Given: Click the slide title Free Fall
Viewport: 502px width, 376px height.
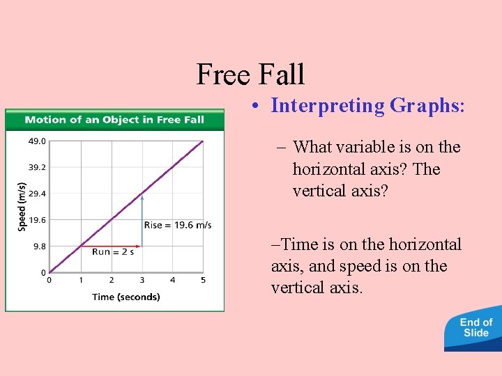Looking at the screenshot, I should click(250, 74).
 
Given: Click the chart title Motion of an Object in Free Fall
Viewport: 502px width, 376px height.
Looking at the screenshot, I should click(114, 120).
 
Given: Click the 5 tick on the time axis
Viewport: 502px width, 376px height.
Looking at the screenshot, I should click(203, 281).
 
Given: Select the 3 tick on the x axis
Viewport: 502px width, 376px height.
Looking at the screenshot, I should click(142, 281).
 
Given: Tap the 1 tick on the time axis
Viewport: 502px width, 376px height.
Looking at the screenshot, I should click(80, 281).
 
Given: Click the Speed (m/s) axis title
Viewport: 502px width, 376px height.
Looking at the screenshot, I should click(21, 207).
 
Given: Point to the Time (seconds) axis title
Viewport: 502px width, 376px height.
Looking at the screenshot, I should click(125, 297).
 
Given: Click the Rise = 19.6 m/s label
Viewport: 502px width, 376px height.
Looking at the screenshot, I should click(178, 225).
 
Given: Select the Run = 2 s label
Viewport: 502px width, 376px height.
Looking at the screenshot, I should click(112, 251).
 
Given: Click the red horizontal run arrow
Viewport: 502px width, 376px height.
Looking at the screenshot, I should click(112, 245).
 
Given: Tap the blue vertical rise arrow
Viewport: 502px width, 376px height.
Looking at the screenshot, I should click(142, 219).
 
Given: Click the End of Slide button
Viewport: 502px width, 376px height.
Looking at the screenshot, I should click(476, 328).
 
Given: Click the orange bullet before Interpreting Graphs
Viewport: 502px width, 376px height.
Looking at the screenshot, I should click(257, 107).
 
